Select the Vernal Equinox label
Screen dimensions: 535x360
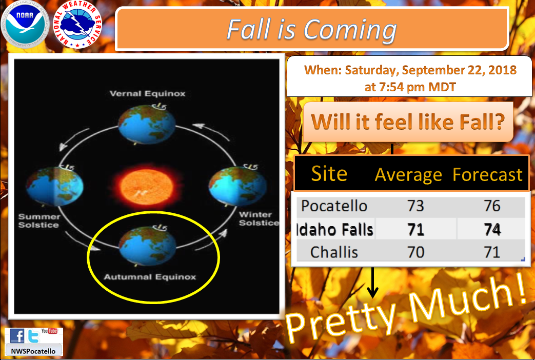(x=147, y=93)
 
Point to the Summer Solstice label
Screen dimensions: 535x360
(x=39, y=221)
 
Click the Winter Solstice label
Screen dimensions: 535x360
(x=259, y=219)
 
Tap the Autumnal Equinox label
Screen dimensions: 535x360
(x=150, y=277)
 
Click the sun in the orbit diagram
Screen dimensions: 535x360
(x=146, y=187)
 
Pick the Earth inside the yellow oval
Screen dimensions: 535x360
(x=147, y=245)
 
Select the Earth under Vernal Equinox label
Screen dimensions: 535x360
(x=147, y=124)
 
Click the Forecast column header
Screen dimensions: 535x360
(x=487, y=175)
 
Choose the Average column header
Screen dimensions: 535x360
(x=408, y=175)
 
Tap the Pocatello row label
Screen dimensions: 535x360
(x=334, y=206)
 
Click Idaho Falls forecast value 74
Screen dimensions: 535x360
(x=492, y=229)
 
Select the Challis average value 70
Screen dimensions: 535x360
(x=415, y=252)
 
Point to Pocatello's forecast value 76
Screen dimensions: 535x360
(x=492, y=206)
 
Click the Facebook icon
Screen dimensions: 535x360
(x=17, y=336)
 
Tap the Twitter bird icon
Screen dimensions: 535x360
(x=33, y=336)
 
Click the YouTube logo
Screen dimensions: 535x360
(x=49, y=331)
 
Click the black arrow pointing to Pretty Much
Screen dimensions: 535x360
(x=372, y=283)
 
